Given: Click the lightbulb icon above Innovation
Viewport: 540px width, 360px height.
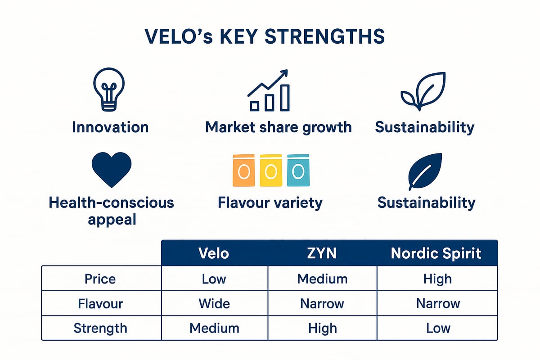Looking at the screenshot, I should [x=108, y=90].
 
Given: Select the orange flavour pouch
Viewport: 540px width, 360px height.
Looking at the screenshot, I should [x=243, y=171].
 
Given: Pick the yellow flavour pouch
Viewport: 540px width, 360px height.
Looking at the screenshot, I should [x=270, y=171].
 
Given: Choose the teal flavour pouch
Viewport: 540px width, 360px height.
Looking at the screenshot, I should [x=298, y=171].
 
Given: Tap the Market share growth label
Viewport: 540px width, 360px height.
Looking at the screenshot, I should [x=278, y=127].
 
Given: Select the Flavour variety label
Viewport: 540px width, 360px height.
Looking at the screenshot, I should [x=270, y=202].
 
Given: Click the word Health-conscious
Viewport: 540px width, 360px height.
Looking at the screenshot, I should [x=111, y=202].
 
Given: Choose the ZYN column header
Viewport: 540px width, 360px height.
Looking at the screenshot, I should [x=322, y=253].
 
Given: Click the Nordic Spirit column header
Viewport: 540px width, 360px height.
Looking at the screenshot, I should [x=436, y=253].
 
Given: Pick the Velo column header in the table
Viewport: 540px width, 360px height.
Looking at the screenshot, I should [x=214, y=253].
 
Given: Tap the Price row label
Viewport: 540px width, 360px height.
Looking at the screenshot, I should [x=100, y=279].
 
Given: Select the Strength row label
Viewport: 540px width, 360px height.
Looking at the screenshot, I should [x=100, y=328].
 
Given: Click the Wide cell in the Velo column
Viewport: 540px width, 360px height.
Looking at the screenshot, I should [x=214, y=303].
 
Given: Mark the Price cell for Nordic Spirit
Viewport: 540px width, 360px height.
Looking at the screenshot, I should [x=437, y=279].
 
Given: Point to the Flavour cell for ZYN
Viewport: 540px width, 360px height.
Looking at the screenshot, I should [x=322, y=303].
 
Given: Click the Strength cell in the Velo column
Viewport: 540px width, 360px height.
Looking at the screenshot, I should [x=214, y=328].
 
